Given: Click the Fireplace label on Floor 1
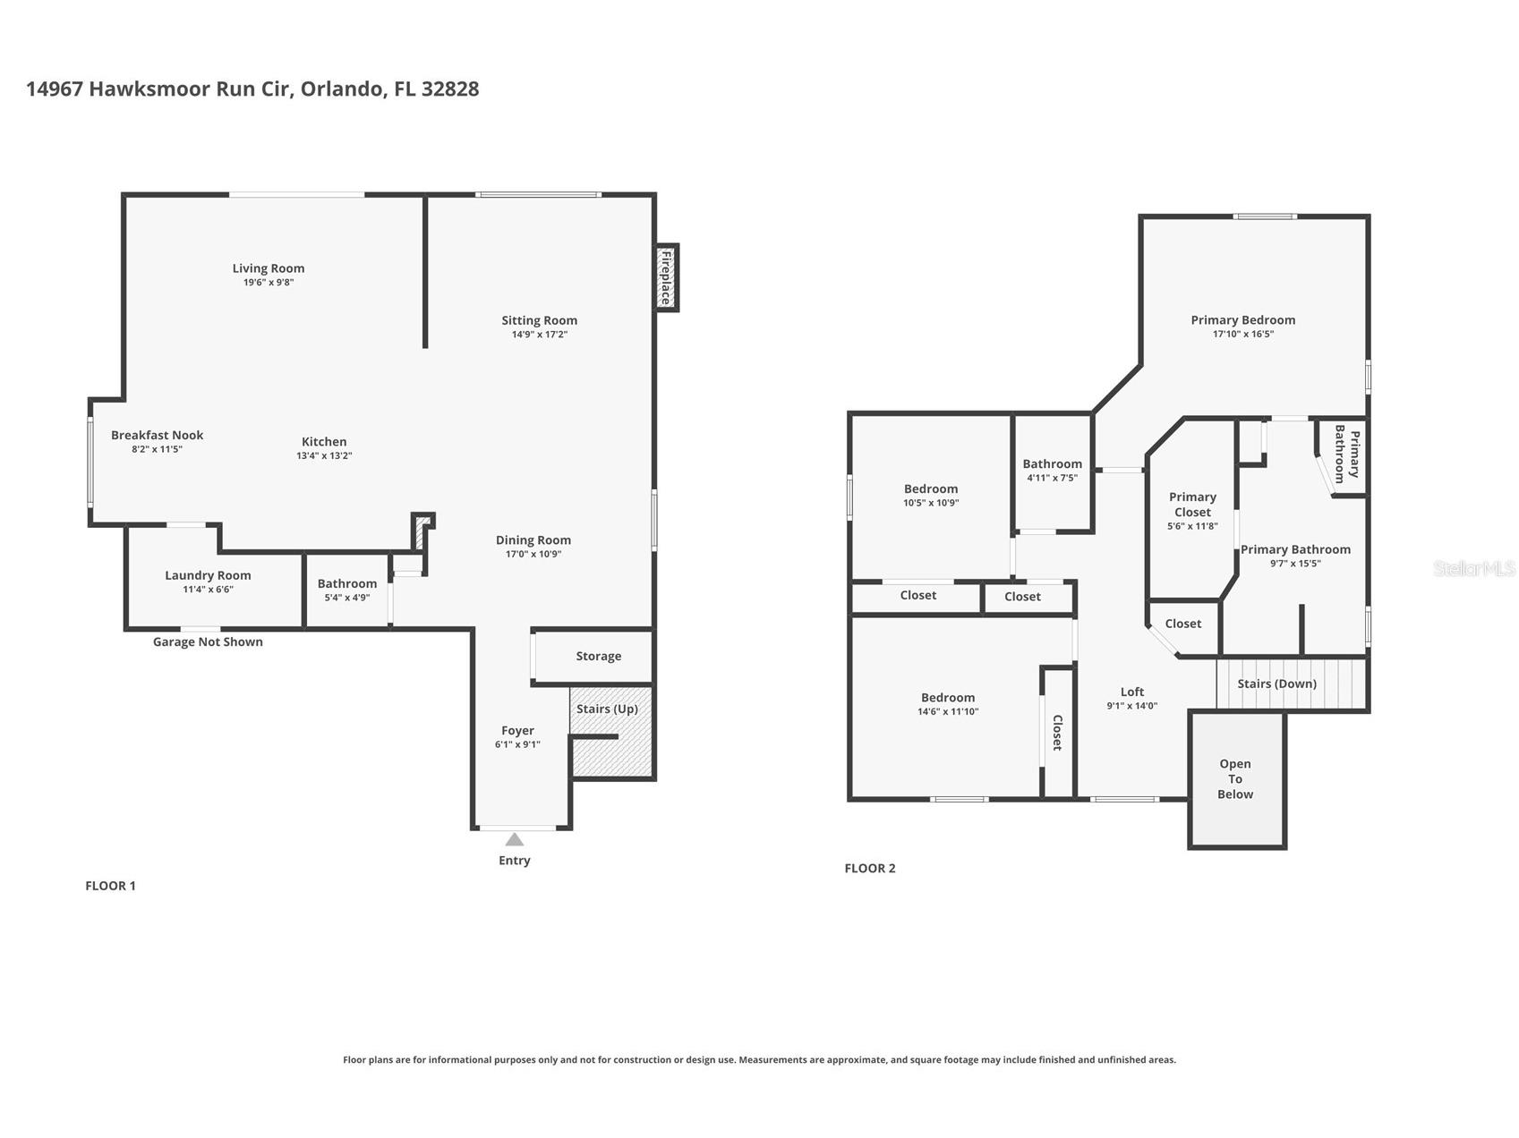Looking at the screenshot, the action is click(x=666, y=277).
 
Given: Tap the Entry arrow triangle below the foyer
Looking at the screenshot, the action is click(x=514, y=839).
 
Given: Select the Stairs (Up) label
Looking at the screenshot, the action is click(x=607, y=709).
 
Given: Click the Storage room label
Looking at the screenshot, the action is click(x=598, y=656).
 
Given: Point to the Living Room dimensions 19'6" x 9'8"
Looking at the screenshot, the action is click(x=269, y=283).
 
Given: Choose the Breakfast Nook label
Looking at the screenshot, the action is click(x=157, y=435).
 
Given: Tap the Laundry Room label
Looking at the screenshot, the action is click(x=208, y=575).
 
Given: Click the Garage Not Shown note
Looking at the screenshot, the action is click(x=208, y=641).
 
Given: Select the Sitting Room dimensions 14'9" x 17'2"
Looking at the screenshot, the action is click(x=539, y=335).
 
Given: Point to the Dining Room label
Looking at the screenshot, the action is click(x=533, y=539).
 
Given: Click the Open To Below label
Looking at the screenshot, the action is click(x=1235, y=778).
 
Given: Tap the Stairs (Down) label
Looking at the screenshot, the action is click(x=1276, y=684).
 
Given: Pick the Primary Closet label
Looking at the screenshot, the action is click(x=1192, y=505).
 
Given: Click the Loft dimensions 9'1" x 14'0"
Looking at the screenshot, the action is click(x=1132, y=706).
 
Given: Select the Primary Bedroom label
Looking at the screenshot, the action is click(x=1242, y=319).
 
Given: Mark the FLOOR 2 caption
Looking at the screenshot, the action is click(x=870, y=868).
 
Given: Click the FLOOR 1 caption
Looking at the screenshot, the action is click(x=110, y=886).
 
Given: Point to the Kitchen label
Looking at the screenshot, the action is click(x=324, y=441).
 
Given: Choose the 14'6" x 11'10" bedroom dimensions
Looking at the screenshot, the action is click(x=948, y=712).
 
